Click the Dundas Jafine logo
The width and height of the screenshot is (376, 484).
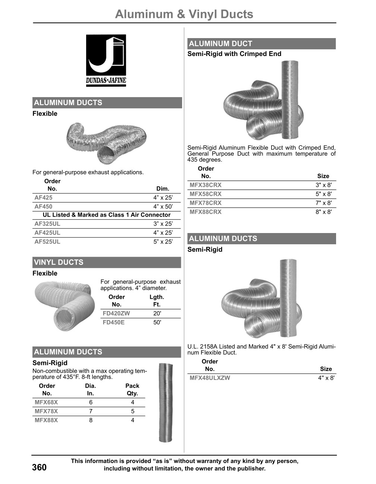(106, 60)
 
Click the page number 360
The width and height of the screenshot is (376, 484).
(39, 467)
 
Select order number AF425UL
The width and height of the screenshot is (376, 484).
(47, 233)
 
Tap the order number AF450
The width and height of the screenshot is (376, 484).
(43, 207)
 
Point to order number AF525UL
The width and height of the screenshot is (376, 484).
(47, 242)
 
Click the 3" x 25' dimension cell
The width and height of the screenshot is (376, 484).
(163, 224)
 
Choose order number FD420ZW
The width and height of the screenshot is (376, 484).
(116, 313)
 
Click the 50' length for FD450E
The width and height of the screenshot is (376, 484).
(157, 322)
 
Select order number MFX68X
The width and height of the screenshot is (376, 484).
(46, 402)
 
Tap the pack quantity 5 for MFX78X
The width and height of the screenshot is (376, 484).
(132, 411)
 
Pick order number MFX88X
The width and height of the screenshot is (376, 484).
(46, 420)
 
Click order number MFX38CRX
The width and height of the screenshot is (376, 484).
(206, 185)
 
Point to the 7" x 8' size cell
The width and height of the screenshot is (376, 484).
(323, 203)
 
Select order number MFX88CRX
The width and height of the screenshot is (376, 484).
(206, 212)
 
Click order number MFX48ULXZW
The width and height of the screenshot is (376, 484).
(210, 378)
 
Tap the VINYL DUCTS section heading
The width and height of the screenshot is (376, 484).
(59, 262)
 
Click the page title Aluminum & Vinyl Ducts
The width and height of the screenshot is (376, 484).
(184, 14)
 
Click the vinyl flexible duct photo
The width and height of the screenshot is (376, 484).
(64, 305)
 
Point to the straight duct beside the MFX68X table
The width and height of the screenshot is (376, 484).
(166, 403)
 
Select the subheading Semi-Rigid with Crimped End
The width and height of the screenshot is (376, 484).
(234, 54)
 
